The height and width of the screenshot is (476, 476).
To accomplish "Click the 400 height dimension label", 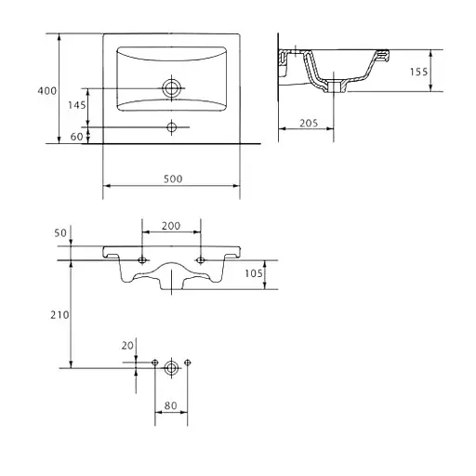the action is point(47,91).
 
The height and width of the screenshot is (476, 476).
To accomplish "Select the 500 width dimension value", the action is point(173,178).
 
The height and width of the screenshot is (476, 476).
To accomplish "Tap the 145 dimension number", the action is point(77,105).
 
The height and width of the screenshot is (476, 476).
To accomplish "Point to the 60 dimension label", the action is point(76,137).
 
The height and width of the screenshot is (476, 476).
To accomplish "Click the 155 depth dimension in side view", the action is point(419,72).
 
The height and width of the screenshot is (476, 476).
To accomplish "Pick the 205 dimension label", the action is point(309,124).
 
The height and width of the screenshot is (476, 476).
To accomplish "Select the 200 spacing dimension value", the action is point(171,226).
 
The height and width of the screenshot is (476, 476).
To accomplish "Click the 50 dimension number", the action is point(60,233).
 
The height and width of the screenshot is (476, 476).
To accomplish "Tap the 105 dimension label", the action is point(254,273).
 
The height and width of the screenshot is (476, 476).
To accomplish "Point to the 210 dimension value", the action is point(59,315).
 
